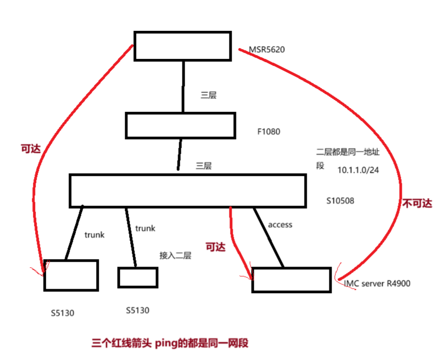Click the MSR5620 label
[266, 50]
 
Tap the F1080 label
[269, 131]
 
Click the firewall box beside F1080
[180, 125]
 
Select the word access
[280, 225]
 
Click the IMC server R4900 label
[376, 283]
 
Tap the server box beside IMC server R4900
[291, 280]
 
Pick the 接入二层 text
[175, 255]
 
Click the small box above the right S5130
[138, 277]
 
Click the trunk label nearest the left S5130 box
[94, 235]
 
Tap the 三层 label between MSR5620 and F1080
[208, 95]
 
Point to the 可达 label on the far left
[30, 149]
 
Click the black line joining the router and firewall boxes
[184, 86]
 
